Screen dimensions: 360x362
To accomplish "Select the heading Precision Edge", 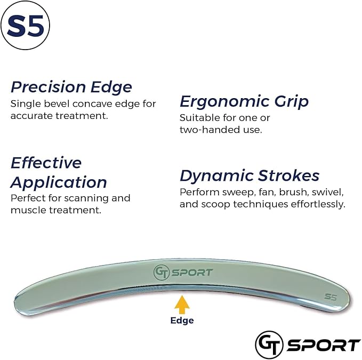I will (71, 87).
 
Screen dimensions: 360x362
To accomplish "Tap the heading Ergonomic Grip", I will (244, 101).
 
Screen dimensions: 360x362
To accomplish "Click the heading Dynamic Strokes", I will (250, 175).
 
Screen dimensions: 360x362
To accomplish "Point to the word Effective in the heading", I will (46, 163).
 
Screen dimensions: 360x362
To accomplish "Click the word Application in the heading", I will (59, 182).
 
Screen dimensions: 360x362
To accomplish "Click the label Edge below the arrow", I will (182, 321).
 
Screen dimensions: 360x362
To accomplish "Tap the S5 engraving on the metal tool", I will (331, 297).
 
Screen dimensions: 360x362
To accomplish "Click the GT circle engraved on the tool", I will (161, 272).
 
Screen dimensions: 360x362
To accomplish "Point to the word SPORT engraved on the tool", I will (192, 273).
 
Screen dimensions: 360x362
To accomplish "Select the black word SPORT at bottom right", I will (324, 345).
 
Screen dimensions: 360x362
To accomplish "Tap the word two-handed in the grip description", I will (205, 130).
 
